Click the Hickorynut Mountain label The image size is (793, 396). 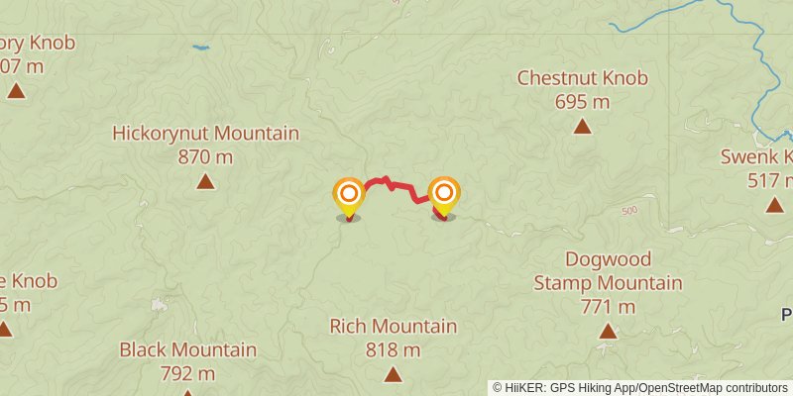click(205, 134)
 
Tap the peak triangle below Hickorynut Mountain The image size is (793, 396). click(205, 181)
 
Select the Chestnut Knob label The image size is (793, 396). click(582, 78)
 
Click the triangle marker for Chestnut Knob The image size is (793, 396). click(582, 126)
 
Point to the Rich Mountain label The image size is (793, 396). click(394, 327)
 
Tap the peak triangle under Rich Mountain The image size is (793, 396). click(394, 374)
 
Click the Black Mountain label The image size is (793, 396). click(187, 349)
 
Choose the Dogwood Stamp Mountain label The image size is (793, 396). click(608, 271)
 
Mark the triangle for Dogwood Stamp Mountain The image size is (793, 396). click(608, 331)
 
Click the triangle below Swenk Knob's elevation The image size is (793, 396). click(774, 205)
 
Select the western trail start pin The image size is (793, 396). click(348, 195)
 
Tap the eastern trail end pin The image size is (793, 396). click(444, 194)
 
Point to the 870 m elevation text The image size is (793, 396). click(205, 156)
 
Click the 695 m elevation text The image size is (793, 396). click(582, 102)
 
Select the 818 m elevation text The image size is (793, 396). click(394, 350)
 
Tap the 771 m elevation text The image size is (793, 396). click(608, 307)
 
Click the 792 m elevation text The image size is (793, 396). click(187, 373)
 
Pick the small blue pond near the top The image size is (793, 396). click(201, 47)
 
